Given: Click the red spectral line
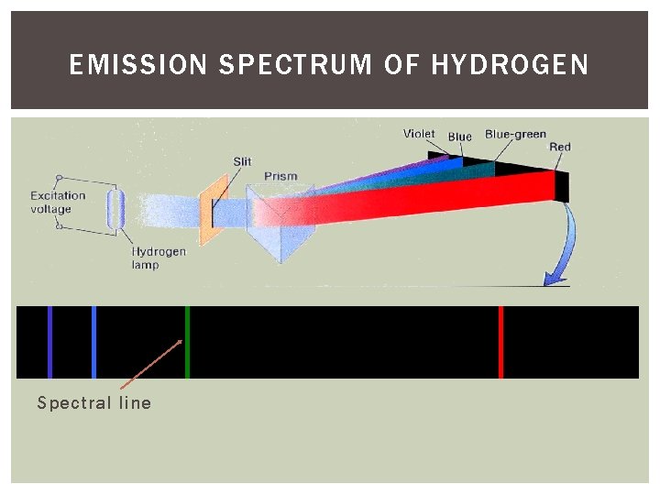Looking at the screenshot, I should point(500,342).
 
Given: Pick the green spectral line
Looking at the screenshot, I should point(187,342).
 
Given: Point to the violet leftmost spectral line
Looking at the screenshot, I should point(49,342).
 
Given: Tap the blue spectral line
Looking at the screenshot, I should point(93,342).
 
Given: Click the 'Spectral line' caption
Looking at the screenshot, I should point(93,403).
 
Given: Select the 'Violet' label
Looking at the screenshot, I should point(419,134).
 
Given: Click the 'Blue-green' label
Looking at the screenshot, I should point(515,134).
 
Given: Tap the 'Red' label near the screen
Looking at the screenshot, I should point(559,147).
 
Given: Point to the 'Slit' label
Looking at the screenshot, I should point(242,161).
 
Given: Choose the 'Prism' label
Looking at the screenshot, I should point(280,176).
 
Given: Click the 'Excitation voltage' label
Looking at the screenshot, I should point(58,202).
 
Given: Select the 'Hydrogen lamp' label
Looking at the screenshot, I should point(158,258).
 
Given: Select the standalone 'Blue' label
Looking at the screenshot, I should point(460,137).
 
